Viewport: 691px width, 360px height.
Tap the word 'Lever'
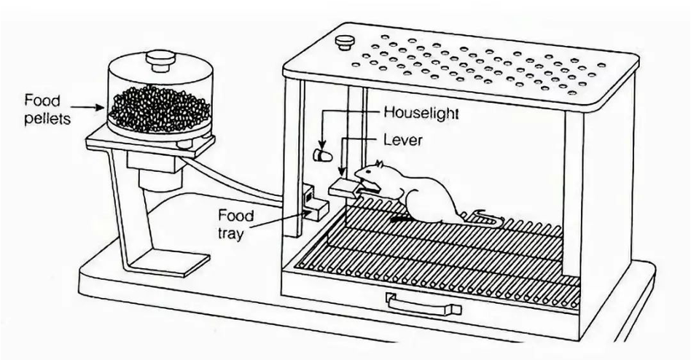[x=402, y=140]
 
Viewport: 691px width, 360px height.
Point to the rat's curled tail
[x=487, y=216]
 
